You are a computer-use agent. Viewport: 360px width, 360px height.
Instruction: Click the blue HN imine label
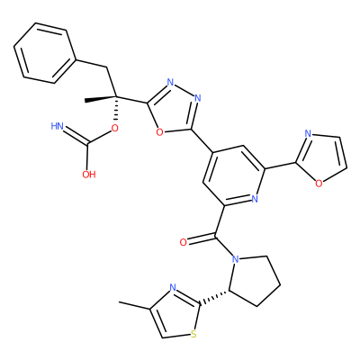click(57, 126)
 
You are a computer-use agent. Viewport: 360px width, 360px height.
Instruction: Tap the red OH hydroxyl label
click(89, 175)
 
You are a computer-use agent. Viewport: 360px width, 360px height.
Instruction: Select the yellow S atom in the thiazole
click(194, 334)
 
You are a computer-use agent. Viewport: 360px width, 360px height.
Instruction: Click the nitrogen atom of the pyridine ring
click(255, 199)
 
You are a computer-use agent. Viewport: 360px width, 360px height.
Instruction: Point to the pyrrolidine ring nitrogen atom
click(236, 258)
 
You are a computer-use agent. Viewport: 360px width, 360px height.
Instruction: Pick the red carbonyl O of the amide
click(183, 242)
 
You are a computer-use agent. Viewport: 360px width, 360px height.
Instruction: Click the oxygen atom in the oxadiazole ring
click(160, 132)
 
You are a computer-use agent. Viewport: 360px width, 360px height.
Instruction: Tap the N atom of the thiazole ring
click(173, 288)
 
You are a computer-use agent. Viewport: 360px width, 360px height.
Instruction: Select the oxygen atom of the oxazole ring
click(319, 184)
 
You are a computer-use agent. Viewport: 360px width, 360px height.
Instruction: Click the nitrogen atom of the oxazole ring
click(308, 133)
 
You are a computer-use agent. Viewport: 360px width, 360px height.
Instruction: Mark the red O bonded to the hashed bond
click(114, 129)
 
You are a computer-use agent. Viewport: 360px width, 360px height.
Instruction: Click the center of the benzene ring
click(44, 53)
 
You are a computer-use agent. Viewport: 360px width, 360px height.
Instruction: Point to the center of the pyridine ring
click(234, 175)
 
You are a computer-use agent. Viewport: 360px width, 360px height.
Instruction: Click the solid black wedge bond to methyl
click(100, 99)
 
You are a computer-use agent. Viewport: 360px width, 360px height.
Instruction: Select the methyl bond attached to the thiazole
click(134, 305)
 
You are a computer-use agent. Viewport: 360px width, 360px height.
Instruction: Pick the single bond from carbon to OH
click(88, 156)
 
